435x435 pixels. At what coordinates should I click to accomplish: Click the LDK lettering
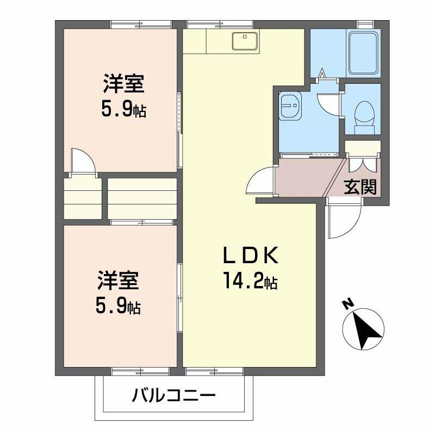[251, 256]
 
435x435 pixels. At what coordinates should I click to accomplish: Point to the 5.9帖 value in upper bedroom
[124, 110]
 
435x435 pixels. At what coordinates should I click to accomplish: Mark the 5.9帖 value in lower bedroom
[119, 307]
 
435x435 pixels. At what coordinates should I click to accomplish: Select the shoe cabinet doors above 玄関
[363, 165]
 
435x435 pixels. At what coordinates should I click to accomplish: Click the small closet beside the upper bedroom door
[83, 196]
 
